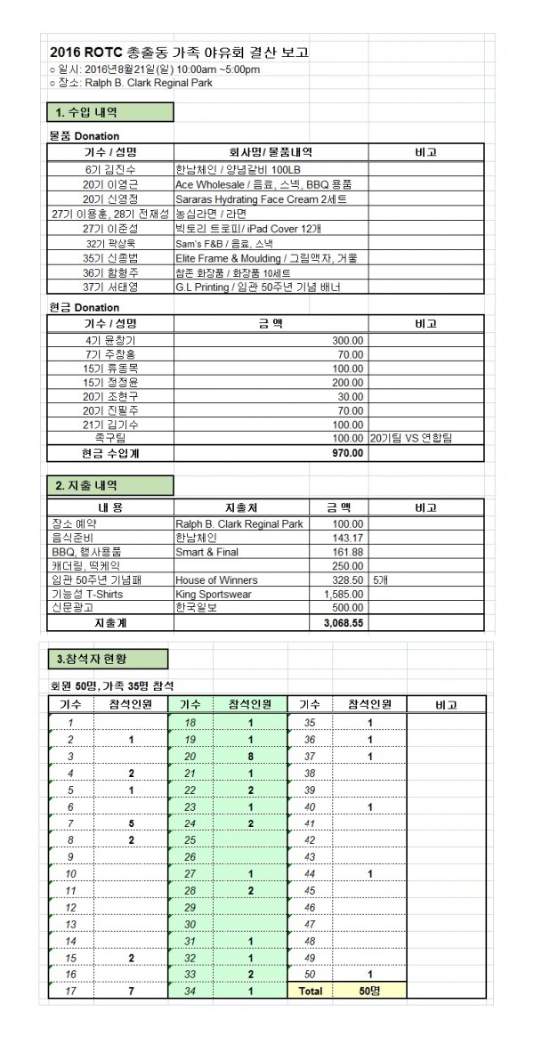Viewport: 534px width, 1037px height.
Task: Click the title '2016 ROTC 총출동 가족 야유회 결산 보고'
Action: tap(181, 53)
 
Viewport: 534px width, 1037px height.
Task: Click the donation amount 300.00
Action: tap(346, 340)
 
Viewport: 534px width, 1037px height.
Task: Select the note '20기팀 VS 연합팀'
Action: tap(410, 439)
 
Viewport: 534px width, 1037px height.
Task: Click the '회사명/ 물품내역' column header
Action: tap(271, 152)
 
